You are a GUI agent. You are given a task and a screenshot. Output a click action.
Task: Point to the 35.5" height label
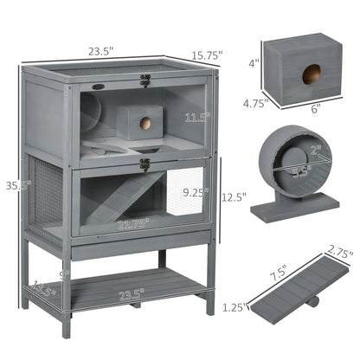11,184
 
